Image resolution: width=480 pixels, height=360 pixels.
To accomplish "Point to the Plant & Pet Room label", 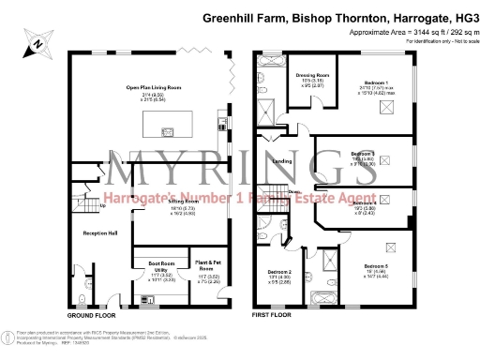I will coord(206,266).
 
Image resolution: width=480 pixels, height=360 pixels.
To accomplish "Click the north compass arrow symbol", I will coord(34,42).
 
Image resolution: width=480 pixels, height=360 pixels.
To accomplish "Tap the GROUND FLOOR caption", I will coord(92,318).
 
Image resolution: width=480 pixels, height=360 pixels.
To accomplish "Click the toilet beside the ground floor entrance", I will coord(83,299).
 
